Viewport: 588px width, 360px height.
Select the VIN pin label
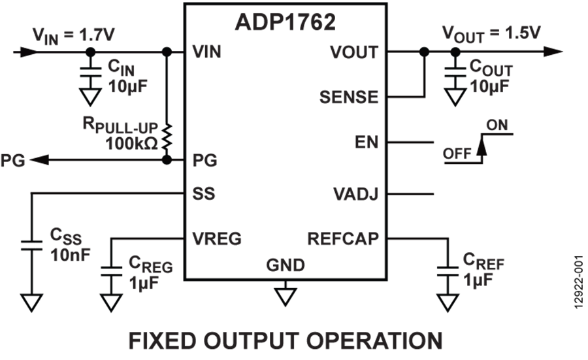207,52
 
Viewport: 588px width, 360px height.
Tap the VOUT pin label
354,52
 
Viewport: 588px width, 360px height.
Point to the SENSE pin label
349,97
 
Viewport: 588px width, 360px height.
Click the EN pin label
366,142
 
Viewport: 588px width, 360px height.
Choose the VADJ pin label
355,195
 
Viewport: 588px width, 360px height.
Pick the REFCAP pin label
343,239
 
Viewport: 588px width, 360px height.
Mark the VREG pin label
217,239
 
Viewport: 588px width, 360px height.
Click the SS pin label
204,195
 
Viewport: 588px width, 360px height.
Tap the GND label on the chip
286,265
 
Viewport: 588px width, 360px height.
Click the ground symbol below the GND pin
285,296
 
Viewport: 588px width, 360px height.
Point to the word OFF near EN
457,155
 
